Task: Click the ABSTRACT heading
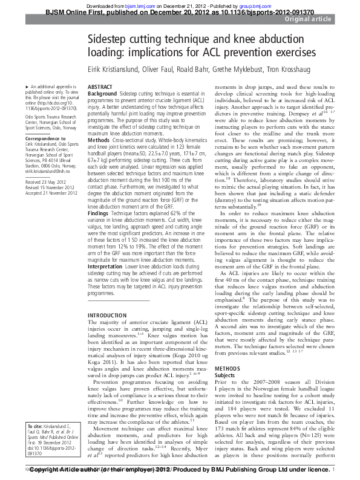(x=100, y=88)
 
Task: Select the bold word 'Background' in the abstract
(x=102, y=94)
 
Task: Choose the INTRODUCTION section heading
(x=108, y=316)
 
